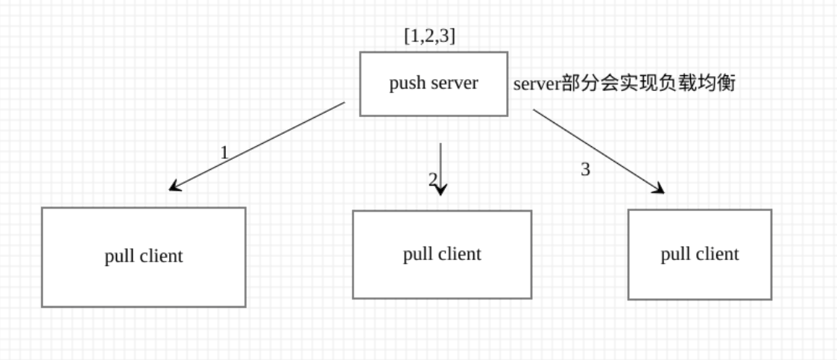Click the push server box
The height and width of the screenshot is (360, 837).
(433, 83)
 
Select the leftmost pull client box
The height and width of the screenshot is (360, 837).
(143, 257)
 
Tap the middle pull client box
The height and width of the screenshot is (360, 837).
(441, 254)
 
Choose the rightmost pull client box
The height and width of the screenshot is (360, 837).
(699, 254)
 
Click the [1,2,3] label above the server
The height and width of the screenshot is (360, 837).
(429, 37)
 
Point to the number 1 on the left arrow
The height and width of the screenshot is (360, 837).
(224, 153)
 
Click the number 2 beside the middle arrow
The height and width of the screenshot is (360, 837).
(432, 179)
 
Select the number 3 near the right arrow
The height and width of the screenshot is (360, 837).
(585, 170)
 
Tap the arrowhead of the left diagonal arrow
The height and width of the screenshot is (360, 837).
(173, 187)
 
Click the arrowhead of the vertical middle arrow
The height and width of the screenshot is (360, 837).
(440, 191)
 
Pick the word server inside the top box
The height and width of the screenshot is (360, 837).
(454, 83)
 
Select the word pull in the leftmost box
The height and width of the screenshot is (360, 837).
(119, 256)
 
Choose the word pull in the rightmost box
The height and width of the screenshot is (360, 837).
(674, 255)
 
